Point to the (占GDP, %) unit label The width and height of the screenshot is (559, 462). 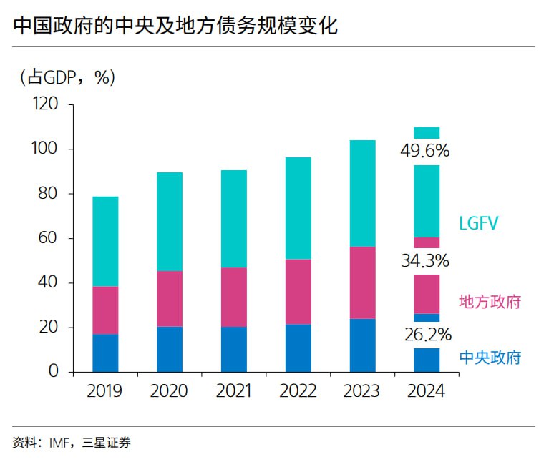coord(66,77)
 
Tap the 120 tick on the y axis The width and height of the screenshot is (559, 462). coord(44,104)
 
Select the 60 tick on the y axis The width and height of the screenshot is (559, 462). coord(50,238)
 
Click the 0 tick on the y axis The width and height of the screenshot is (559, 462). coord(54,372)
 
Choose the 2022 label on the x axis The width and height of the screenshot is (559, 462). coord(298,391)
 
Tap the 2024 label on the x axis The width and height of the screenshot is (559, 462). coord(426,391)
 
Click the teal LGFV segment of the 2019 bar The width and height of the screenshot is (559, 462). coord(105,241)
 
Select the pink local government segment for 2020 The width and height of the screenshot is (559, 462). coord(170,298)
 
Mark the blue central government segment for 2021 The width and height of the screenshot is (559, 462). coord(234,349)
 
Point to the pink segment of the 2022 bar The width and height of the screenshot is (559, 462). coord(298,291)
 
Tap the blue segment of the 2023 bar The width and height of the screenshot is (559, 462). coord(362,345)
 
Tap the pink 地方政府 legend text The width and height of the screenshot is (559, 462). coord(490,302)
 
